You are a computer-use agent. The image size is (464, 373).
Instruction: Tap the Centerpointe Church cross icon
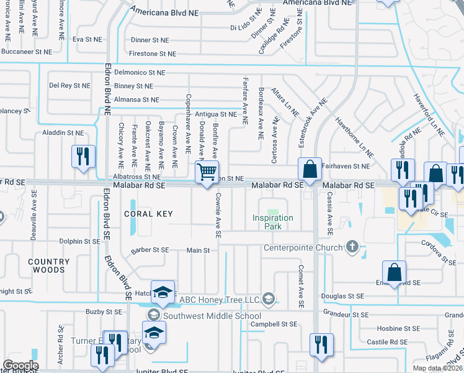click(352, 247)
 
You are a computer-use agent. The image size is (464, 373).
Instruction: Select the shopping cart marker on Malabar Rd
click(207, 171)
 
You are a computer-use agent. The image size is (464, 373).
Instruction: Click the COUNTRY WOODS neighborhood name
click(49, 267)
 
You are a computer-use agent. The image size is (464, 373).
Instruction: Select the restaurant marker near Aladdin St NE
click(84, 156)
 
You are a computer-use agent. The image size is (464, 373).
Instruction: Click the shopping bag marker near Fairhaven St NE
click(310, 168)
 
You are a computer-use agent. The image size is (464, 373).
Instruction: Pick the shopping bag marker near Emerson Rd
click(395, 272)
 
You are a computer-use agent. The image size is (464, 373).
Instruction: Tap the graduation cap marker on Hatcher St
click(163, 292)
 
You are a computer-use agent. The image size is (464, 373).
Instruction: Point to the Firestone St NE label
click(150, 54)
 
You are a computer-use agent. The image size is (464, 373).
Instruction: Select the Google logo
click(20, 366)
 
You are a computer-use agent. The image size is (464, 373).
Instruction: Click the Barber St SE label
click(150, 250)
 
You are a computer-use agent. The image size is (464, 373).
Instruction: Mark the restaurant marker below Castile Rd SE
click(321, 345)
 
